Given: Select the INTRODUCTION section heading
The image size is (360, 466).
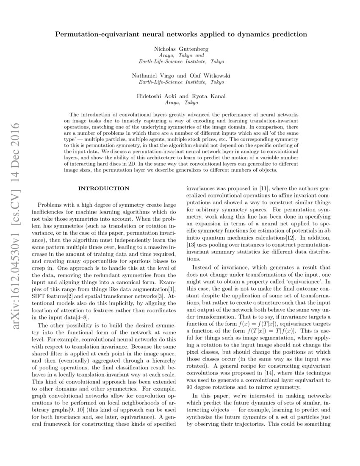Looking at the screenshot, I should [x=104, y=188].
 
